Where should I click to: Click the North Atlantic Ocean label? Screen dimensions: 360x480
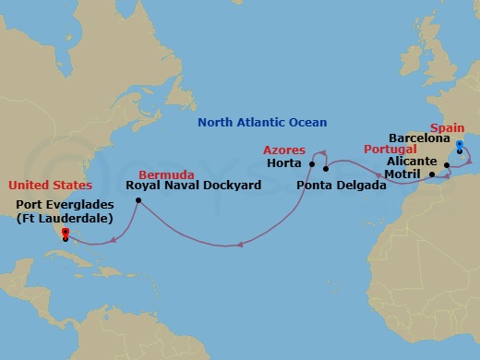[263, 122]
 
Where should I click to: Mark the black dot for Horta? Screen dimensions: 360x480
[312, 164]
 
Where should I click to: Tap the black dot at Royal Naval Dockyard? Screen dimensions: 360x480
[138, 200]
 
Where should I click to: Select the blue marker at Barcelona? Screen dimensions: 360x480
[460, 144]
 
